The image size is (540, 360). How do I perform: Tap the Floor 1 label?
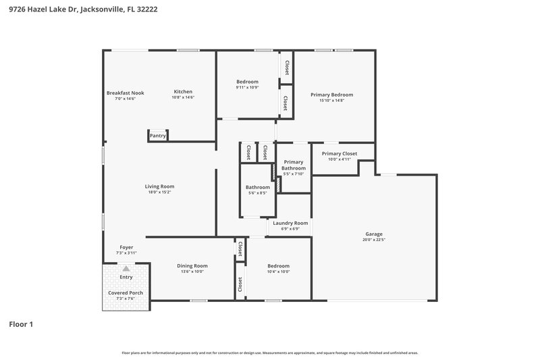(21, 324)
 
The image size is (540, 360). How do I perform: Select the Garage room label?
(373, 234)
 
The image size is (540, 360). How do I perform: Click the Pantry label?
(157, 136)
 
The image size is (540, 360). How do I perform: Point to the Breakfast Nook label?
(125, 93)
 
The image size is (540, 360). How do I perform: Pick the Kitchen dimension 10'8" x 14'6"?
(183, 98)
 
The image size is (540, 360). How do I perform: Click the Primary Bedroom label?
(331, 95)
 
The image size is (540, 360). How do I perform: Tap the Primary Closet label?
(340, 153)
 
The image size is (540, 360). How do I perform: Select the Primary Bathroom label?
(294, 165)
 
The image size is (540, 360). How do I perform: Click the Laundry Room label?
(290, 223)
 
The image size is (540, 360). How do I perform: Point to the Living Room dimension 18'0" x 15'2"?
(160, 192)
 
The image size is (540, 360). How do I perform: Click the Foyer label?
(126, 247)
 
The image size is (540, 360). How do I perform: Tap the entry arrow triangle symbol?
(126, 268)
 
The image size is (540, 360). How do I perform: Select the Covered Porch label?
(126, 292)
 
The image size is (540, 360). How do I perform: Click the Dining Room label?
(192, 265)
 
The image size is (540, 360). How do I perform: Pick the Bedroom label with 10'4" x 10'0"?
(278, 265)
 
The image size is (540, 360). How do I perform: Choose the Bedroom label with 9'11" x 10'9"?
(247, 82)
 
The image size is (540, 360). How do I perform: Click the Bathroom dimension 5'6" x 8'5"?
(257, 192)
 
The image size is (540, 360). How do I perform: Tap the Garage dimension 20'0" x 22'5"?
(373, 239)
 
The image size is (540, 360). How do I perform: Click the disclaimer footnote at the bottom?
(270, 353)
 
